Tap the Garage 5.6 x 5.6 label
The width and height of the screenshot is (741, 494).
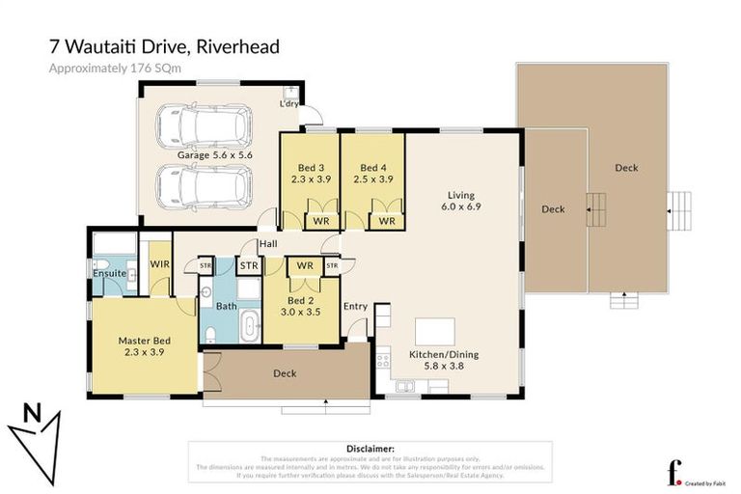click(214, 154)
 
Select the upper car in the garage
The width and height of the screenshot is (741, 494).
click(204, 124)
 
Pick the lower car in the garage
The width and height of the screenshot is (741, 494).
click(204, 184)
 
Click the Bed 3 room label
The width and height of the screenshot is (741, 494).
click(310, 172)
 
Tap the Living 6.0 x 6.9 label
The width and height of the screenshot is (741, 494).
click(461, 200)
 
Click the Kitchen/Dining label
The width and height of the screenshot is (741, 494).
click(443, 360)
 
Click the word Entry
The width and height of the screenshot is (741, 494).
click(355, 306)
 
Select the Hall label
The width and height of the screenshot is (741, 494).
click(267, 243)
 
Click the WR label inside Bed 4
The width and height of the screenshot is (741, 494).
click(386, 221)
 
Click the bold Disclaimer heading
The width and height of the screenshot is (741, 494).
click(370, 449)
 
